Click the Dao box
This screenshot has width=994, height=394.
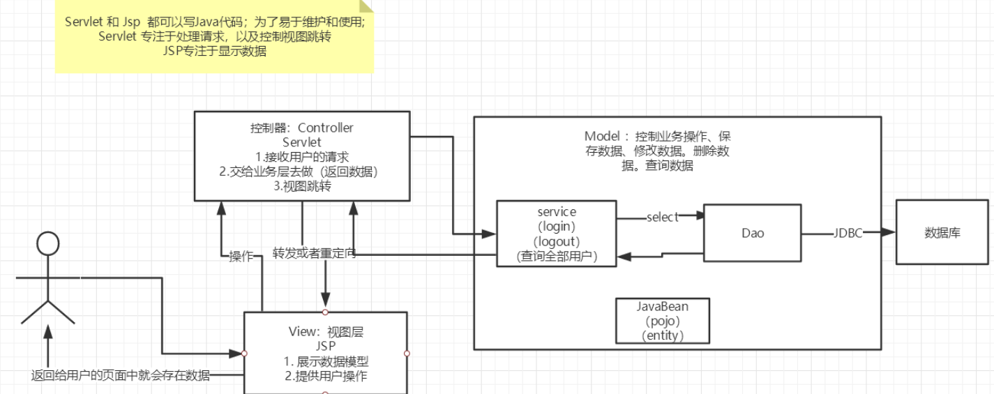(x=752, y=233)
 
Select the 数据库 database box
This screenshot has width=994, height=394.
(x=942, y=233)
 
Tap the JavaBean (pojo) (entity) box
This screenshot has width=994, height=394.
(x=662, y=321)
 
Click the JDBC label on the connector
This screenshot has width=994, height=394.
(x=848, y=233)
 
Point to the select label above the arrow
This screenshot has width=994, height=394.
(x=662, y=217)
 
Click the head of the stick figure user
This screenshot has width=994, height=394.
(x=47, y=245)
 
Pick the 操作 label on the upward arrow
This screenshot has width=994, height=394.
(x=241, y=256)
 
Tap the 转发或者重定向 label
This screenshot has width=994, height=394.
(x=314, y=253)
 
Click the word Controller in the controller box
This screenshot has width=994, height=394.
(x=325, y=128)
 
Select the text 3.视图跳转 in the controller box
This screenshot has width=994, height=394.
(x=302, y=186)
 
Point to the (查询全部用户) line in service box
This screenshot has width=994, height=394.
(x=556, y=256)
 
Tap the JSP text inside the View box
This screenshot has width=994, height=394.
(x=326, y=347)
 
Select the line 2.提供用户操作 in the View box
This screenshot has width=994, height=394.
(x=326, y=377)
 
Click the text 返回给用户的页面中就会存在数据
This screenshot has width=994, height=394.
(x=121, y=375)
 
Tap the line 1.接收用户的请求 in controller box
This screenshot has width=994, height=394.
(x=302, y=157)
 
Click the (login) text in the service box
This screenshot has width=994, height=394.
(x=556, y=226)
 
